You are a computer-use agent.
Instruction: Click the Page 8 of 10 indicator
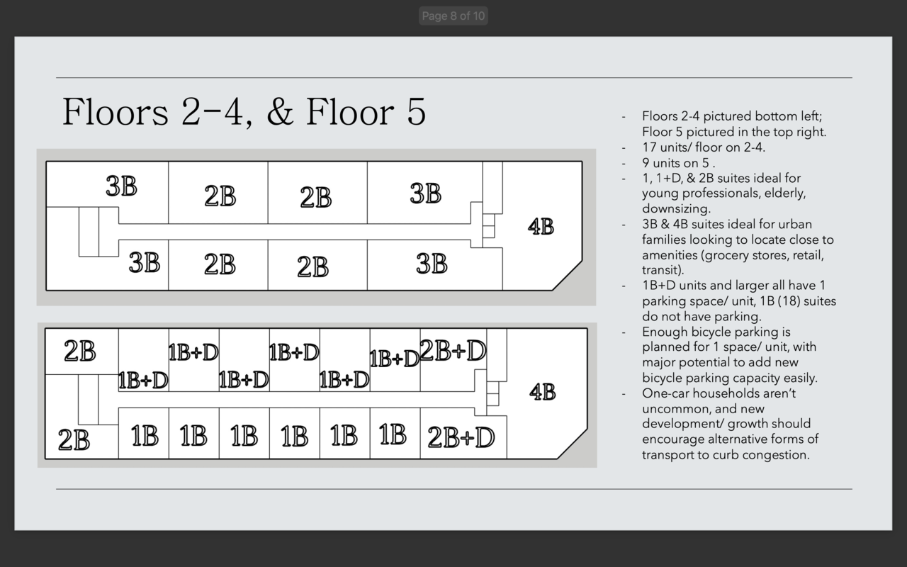coord(453,16)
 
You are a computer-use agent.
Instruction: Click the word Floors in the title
coord(116,111)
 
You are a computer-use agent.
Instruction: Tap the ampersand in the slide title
coord(279,111)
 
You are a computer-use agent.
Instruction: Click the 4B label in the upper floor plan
coord(541,226)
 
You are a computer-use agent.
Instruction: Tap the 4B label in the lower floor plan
coord(543,392)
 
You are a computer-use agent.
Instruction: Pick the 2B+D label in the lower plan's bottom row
coord(461,437)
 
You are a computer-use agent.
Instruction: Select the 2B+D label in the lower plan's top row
coord(453,350)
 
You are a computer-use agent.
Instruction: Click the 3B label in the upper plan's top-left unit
coord(121,186)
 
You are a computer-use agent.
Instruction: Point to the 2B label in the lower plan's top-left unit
coord(80,351)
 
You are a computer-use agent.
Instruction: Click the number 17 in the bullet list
coord(649,147)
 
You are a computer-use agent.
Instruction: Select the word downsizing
coord(676,209)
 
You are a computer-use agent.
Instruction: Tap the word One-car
coord(667,393)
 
